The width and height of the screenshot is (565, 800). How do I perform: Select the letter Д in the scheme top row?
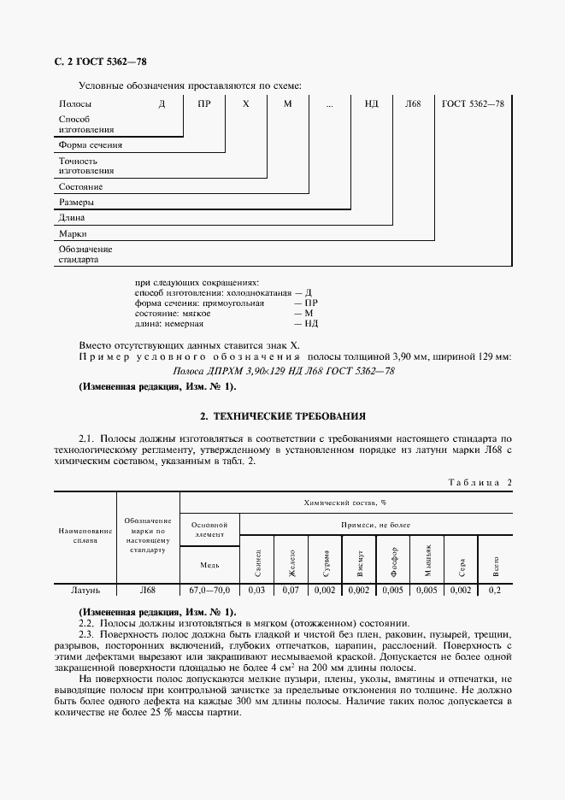pos(161,103)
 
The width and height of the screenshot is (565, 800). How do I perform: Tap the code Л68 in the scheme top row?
pos(414,103)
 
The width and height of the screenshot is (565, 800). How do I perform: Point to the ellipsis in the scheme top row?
pos(330,103)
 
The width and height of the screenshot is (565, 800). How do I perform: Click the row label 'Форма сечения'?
pos(90,144)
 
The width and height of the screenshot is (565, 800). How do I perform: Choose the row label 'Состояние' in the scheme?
pos(80,185)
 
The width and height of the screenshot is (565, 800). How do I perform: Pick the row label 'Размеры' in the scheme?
pos(76,203)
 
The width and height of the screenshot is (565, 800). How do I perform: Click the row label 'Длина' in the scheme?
pos(72,218)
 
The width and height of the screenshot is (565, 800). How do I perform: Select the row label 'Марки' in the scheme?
pos(74,233)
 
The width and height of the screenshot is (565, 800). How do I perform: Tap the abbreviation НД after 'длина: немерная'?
pos(311,324)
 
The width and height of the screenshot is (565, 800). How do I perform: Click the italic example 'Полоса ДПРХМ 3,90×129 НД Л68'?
pos(282,371)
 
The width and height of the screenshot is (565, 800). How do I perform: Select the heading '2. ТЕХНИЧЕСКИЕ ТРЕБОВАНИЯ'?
pos(282,416)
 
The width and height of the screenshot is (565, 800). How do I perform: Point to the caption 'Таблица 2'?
pos(480,483)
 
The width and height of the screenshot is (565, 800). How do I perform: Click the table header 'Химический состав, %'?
pos(346,503)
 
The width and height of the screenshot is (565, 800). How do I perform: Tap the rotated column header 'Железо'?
pos(291,558)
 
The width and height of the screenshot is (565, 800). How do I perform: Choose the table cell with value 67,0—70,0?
pos(209,590)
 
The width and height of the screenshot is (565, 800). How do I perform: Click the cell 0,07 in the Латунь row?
pos(291,590)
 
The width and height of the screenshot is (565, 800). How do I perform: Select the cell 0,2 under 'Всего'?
pos(496,590)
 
